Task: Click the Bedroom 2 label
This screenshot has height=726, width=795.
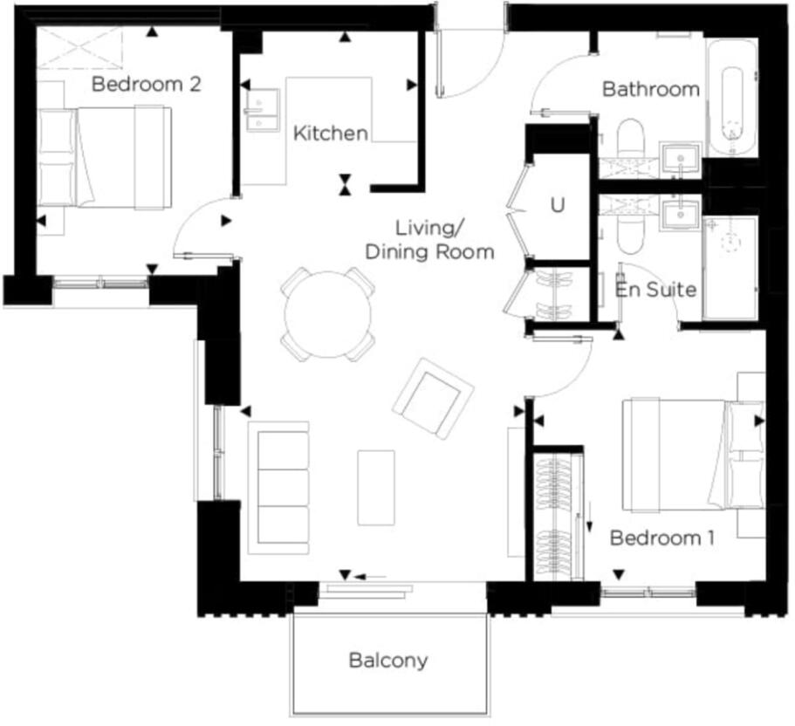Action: tap(147, 85)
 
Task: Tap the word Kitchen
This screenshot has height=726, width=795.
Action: tap(330, 134)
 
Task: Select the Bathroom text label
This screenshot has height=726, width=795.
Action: tap(651, 89)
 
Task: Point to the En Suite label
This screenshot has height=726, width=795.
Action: tap(655, 289)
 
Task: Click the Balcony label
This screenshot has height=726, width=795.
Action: tap(388, 660)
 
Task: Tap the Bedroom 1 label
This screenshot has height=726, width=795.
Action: tap(661, 538)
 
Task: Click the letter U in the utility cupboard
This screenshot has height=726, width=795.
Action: tap(558, 206)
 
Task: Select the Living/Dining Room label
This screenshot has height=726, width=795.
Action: tap(429, 240)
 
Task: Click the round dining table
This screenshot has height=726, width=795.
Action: tap(328, 313)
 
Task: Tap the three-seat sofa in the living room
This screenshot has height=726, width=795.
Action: tap(278, 487)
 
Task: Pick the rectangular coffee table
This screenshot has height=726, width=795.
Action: tap(376, 487)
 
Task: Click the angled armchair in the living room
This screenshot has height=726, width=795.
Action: tap(433, 398)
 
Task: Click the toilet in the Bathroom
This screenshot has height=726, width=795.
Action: tap(629, 142)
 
